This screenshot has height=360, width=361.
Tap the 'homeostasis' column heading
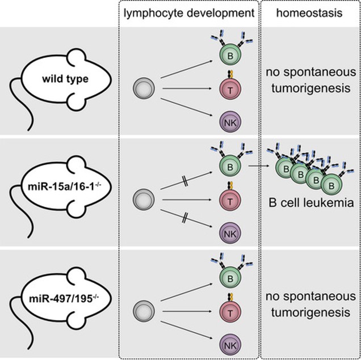coord(310,13)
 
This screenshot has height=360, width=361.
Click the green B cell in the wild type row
coord(227,57)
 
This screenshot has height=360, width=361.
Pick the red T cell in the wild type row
coord(228,89)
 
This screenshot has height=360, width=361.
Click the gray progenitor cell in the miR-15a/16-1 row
coord(142,199)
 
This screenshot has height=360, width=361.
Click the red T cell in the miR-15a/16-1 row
coord(228,198)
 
